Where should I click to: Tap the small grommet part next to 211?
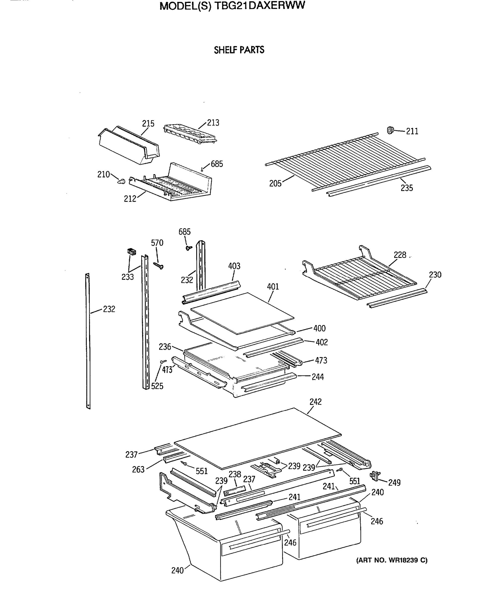point(390,130)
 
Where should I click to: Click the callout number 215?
point(148,124)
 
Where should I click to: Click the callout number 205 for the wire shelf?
point(275,184)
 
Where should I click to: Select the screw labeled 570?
point(159,265)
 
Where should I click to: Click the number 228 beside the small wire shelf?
point(400,255)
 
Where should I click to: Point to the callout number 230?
point(435,275)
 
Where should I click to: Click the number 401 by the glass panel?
point(273,287)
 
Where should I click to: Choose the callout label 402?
point(321,342)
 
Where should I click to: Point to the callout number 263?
point(138,469)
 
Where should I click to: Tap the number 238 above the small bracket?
point(235,474)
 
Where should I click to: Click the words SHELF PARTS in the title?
point(239,50)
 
